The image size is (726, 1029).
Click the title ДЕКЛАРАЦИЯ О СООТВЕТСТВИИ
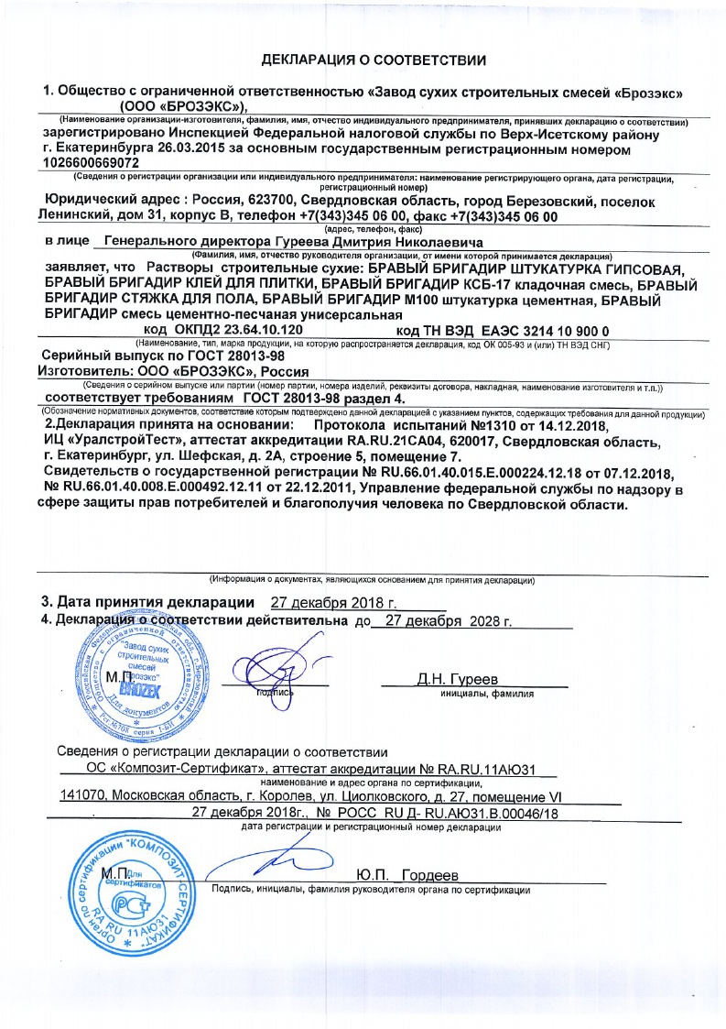[x=374, y=60]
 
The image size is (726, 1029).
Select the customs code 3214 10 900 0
[x=541, y=328]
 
